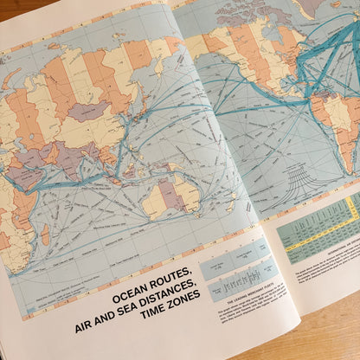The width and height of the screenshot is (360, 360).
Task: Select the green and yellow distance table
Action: click(x=320, y=225)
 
